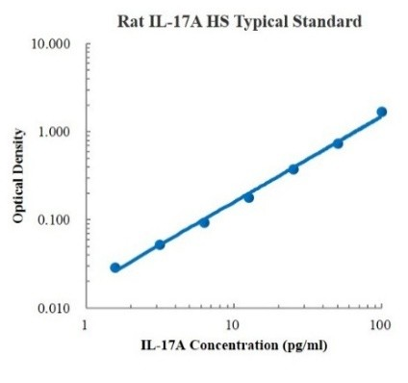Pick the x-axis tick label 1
coord(87,324)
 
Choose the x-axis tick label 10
coord(233,324)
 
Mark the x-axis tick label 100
coord(380,324)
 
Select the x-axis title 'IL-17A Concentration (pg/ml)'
coord(233,345)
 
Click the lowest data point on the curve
coord(115,268)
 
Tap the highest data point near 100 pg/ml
coord(381,113)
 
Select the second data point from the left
coord(160,244)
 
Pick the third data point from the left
coord(204,222)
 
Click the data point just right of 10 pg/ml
coord(248,197)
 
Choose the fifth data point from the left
coord(293,169)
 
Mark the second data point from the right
coord(338,143)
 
